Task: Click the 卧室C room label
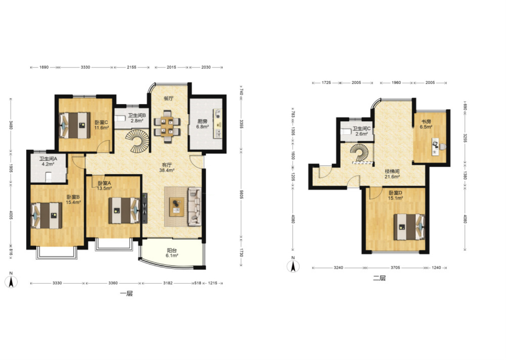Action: tap(101, 122)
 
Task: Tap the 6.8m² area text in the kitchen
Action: tap(202, 127)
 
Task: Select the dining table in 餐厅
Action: tap(167, 126)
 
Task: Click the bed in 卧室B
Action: tap(46, 216)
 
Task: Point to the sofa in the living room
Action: tap(195, 206)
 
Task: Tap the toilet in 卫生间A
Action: tap(48, 177)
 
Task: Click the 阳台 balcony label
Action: tap(172, 250)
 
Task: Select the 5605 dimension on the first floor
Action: tap(241, 194)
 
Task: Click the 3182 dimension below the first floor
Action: tap(168, 283)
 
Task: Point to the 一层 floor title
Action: tap(126, 294)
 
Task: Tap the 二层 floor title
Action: tap(379, 278)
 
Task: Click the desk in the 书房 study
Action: tap(435, 147)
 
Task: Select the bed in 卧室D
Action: tap(409, 227)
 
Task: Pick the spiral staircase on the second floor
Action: tap(359, 152)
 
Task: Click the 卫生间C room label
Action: tap(362, 129)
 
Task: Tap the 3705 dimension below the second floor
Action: tap(395, 268)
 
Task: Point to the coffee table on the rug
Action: tap(177, 207)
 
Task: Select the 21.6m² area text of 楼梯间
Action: tap(392, 177)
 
